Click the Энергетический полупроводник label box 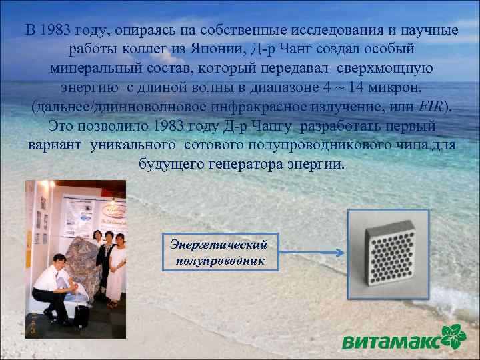[220, 252]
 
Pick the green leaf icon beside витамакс [457, 337]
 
